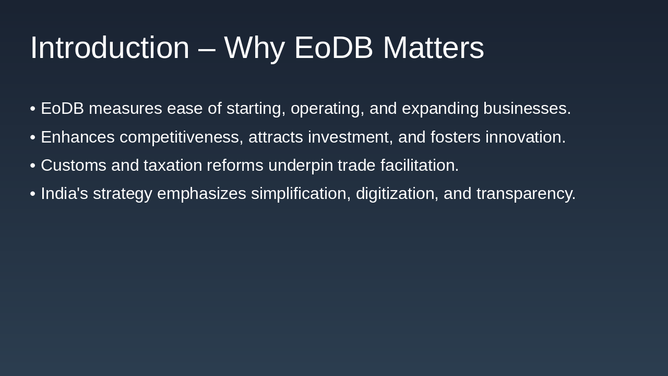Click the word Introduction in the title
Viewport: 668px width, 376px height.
110,48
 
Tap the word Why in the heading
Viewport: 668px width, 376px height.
254,48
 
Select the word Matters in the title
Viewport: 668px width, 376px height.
433,48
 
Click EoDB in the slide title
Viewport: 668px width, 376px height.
333,48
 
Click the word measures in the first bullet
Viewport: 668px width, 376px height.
125,109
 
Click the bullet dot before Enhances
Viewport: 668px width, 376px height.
32,137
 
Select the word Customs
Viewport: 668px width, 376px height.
74,166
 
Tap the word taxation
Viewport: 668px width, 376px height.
173,166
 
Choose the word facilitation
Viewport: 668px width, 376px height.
419,166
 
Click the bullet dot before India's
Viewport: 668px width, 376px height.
32,194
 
